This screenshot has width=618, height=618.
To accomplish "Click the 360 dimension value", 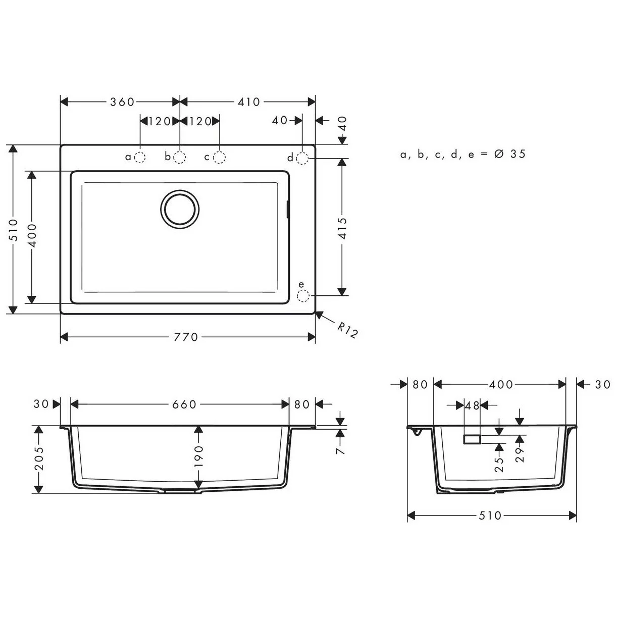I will (x=122, y=102).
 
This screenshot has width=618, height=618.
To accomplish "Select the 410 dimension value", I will (x=248, y=102).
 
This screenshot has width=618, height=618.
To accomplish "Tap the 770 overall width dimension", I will (x=186, y=337).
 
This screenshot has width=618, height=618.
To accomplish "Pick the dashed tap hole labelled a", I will (x=140, y=158).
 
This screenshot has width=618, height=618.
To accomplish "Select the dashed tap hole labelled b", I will (x=180, y=158).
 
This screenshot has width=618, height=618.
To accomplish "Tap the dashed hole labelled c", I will (x=219, y=158).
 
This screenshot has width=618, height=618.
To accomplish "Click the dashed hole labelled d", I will (x=302, y=158).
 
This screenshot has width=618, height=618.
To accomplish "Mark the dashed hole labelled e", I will (x=302, y=295).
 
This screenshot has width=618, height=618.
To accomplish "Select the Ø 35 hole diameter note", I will (x=510, y=154).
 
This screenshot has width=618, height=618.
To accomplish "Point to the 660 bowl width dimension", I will (x=184, y=404).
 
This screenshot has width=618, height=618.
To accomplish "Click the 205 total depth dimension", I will (x=38, y=458).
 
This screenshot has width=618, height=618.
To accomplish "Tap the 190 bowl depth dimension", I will (x=198, y=456).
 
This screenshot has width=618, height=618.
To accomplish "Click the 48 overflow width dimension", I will (x=472, y=405).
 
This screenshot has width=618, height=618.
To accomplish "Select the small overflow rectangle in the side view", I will (x=472, y=439).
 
